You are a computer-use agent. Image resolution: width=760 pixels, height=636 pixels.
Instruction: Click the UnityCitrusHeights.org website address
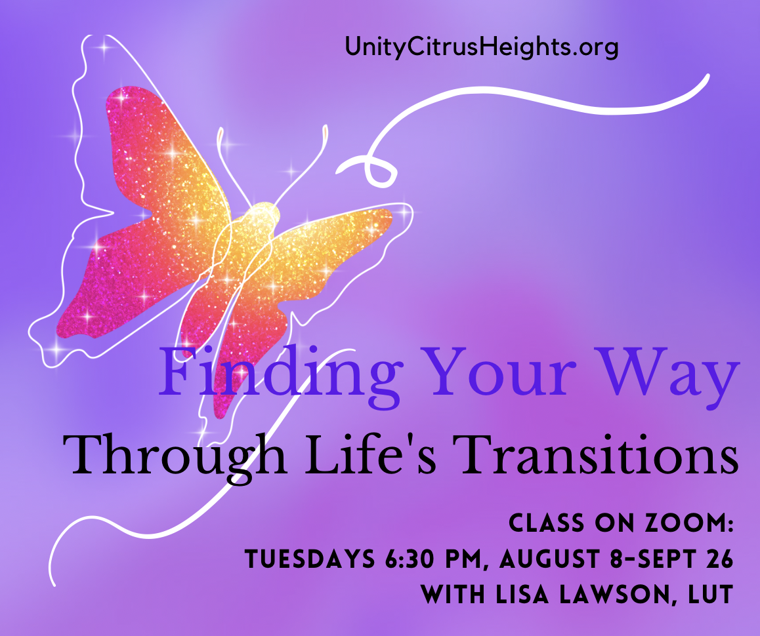[481, 48]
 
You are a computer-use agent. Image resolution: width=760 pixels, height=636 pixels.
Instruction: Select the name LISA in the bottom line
[524, 595]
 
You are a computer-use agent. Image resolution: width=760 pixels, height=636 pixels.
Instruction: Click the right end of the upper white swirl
[707, 75]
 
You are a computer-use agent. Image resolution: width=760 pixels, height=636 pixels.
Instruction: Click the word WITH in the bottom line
[453, 595]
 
